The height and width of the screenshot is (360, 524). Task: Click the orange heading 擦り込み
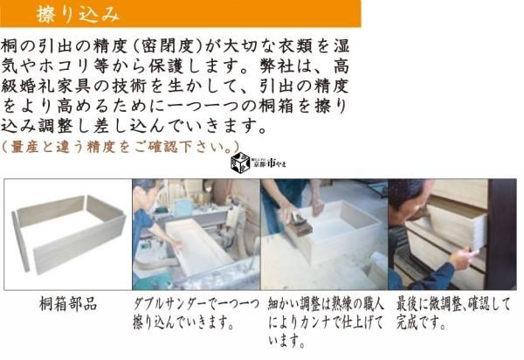pyautogui.click(x=79, y=15)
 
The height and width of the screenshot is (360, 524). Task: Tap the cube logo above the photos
pyautogui.click(x=240, y=163)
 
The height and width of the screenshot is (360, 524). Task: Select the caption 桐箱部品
pyautogui.click(x=68, y=304)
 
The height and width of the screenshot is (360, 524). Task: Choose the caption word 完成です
pyautogui.click(x=421, y=322)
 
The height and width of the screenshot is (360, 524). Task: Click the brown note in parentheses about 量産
pyautogui.click(x=121, y=147)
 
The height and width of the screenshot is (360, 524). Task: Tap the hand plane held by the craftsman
pyautogui.click(x=298, y=223)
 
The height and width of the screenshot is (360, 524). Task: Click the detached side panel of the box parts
pyautogui.click(x=20, y=241)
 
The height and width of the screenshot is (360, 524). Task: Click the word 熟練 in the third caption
pyautogui.click(x=341, y=304)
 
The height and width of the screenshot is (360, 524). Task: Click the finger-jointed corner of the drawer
pyautogui.click(x=479, y=232)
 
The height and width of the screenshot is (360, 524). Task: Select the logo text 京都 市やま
pyautogui.click(x=268, y=163)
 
